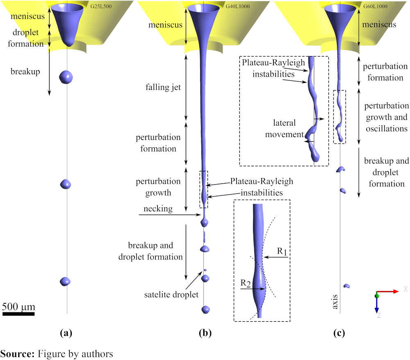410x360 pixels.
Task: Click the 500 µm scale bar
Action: tap(18, 314)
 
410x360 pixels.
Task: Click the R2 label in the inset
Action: tap(246, 283)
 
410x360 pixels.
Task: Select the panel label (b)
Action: tap(204, 333)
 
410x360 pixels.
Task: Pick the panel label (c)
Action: tap(339, 333)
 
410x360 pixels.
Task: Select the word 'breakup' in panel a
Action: tap(25, 72)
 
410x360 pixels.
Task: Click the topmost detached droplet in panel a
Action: tap(66, 76)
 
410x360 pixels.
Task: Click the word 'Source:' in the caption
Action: tap(18, 353)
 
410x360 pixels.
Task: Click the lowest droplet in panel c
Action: tap(346, 286)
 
